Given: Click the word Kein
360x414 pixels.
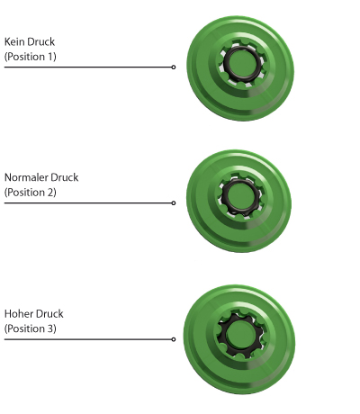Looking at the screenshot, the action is (14, 41).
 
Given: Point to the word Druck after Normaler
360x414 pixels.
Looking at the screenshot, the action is (65, 177).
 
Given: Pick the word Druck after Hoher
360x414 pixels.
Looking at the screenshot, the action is (49, 314).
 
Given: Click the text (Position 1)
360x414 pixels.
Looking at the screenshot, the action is (31, 57).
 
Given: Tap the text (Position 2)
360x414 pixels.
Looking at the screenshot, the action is (31, 193).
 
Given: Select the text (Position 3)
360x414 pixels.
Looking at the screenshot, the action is (31, 328).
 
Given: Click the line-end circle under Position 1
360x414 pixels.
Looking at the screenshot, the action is (174, 67).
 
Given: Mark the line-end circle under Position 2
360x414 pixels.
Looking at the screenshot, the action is (174, 203).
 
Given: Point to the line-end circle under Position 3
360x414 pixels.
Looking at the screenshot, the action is (174, 339).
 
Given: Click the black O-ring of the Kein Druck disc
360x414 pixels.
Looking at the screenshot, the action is (225, 64).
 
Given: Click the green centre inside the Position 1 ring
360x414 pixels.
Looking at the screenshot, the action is (242, 64).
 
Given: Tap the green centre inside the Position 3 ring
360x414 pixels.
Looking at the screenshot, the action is (240, 334).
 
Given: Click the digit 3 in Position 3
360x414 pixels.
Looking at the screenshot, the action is (50, 328).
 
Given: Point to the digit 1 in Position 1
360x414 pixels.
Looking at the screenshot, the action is (50, 57).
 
